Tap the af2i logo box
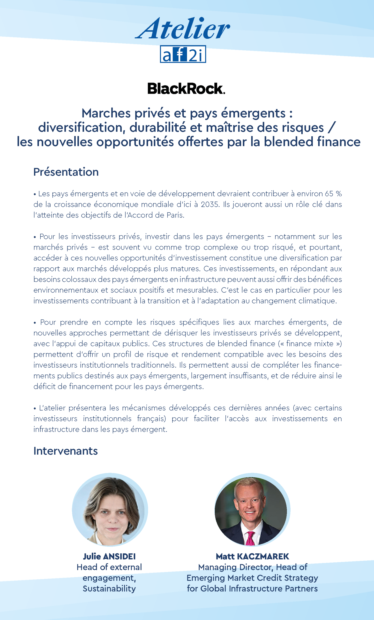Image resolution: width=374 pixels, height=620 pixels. point(183,54)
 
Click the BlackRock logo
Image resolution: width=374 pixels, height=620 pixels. point(186,89)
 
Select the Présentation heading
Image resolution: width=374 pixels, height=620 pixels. point(66,172)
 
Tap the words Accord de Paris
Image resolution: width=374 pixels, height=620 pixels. point(156,215)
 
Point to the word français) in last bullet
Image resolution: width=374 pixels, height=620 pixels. point(152,418)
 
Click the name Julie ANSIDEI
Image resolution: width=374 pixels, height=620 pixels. point(109,556)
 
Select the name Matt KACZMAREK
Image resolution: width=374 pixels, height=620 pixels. point(252,556)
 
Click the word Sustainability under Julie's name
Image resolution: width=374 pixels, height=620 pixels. point(109,589)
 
